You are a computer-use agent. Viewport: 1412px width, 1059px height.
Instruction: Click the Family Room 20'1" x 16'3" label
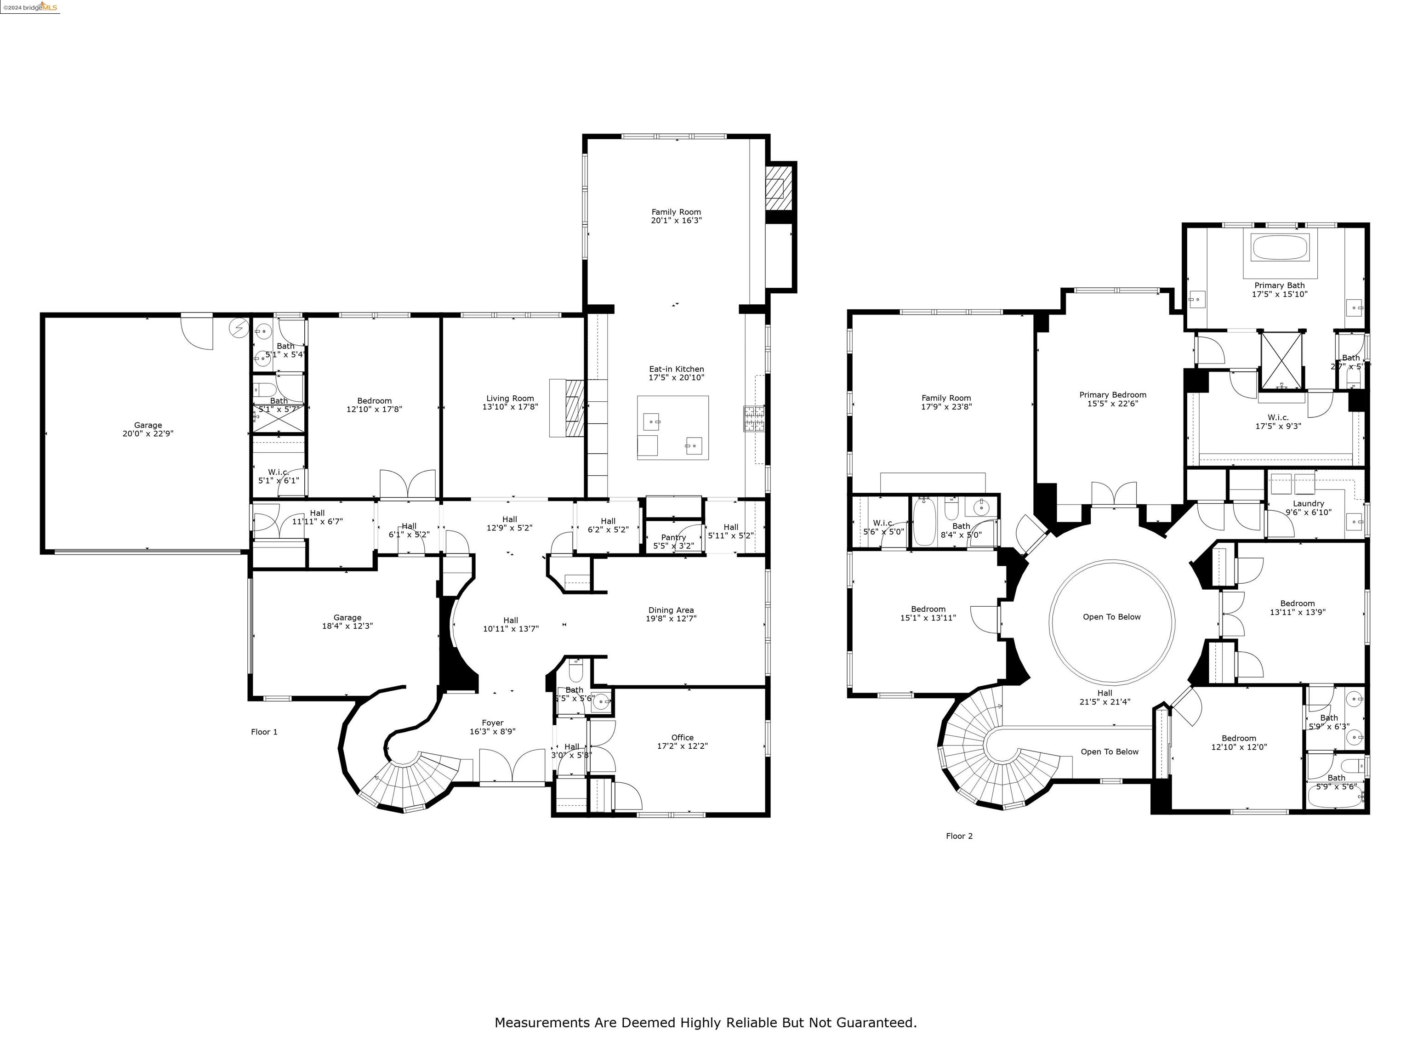[x=676, y=216]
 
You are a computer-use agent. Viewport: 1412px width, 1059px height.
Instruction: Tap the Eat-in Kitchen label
[x=676, y=373]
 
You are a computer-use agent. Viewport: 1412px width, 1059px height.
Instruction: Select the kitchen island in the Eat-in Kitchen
[x=673, y=427]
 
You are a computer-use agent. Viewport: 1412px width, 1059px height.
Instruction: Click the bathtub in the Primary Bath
[x=1280, y=247]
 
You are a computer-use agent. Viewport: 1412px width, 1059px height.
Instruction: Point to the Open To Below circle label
[x=1111, y=617]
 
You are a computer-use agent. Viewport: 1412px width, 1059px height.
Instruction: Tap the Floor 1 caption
[x=264, y=732]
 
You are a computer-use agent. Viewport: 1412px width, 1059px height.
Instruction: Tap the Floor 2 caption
[x=959, y=836]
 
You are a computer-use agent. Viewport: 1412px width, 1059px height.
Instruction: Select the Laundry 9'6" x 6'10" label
[x=1308, y=507]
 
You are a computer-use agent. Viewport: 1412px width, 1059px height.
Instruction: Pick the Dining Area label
[x=671, y=614]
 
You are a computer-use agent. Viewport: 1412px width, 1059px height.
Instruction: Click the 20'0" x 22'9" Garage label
[x=148, y=429]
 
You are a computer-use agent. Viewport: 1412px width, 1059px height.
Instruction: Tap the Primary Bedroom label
[x=1113, y=399]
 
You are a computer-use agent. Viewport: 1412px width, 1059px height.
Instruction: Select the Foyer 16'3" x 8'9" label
[x=492, y=727]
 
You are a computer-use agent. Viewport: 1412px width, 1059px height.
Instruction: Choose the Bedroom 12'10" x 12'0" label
[x=1238, y=742]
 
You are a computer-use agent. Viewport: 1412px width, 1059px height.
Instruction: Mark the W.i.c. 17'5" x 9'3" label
[x=1278, y=421]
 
